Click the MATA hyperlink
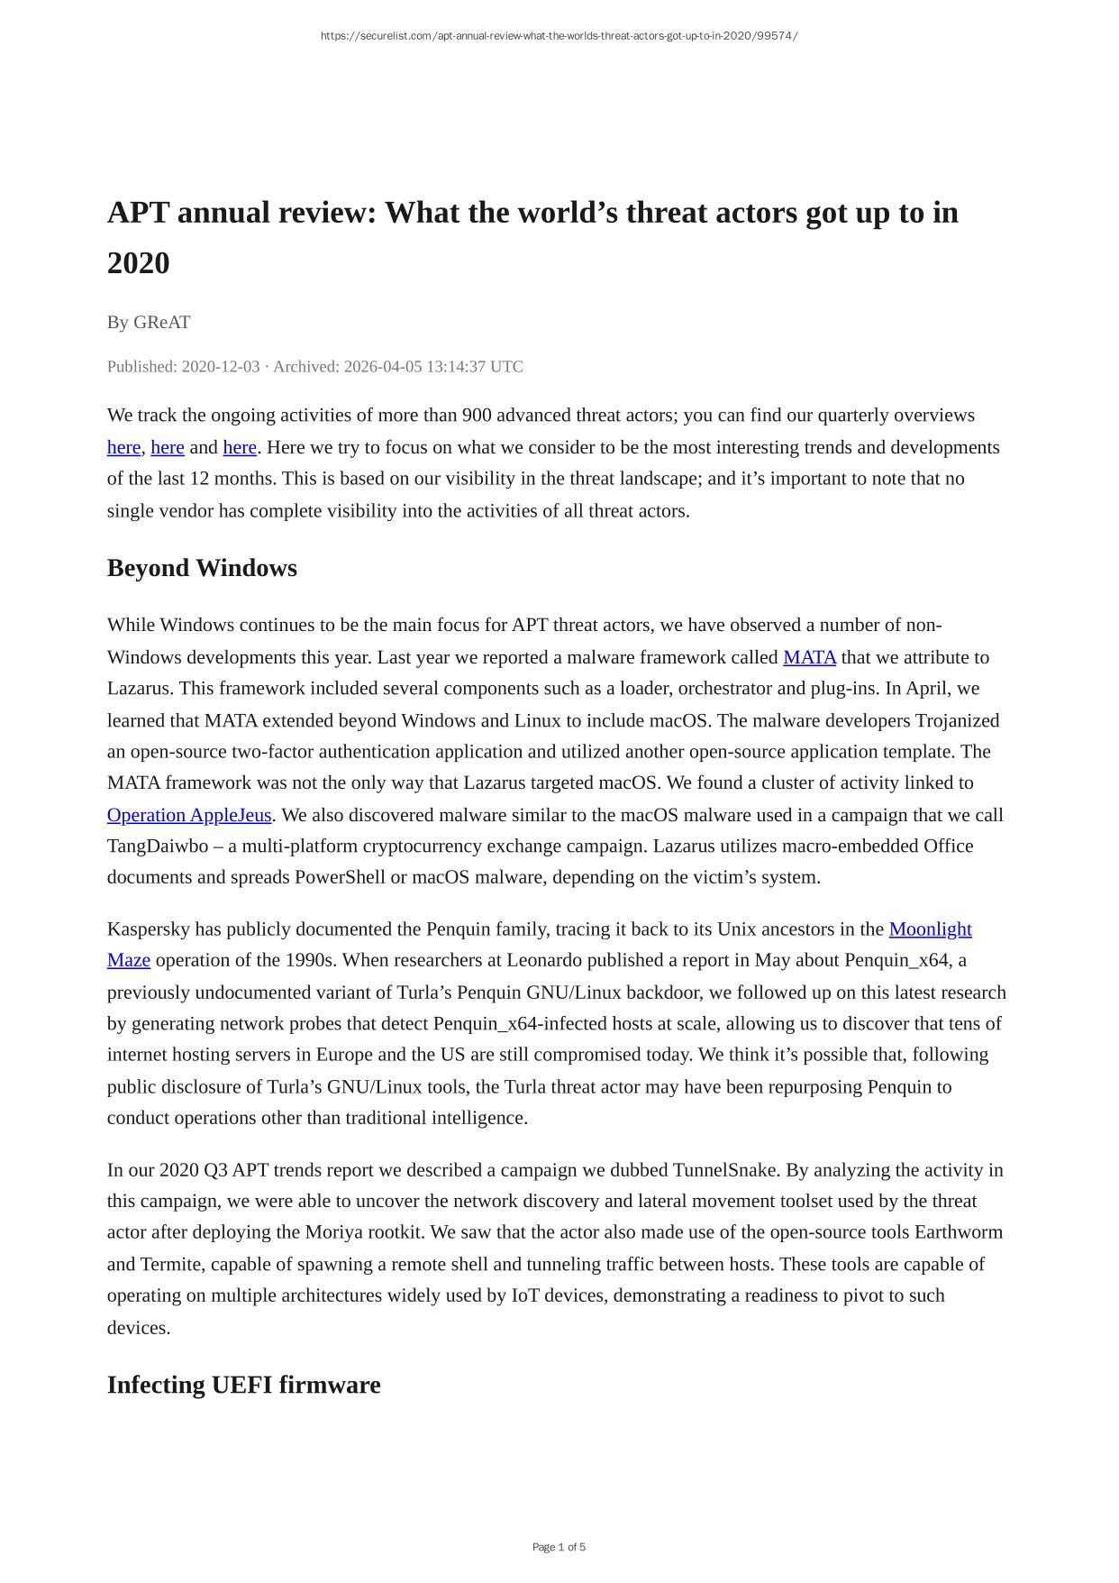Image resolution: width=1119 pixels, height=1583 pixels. click(x=809, y=657)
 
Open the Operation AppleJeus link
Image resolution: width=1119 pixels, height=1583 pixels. click(x=189, y=815)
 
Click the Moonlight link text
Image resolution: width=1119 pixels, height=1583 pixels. click(x=930, y=929)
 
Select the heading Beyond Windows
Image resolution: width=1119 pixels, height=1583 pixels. click(x=202, y=568)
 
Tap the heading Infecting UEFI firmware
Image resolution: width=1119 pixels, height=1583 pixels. click(x=243, y=1385)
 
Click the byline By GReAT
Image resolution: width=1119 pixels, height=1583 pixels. click(x=149, y=322)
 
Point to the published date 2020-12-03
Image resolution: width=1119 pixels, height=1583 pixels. click(x=220, y=367)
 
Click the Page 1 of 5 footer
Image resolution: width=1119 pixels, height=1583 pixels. click(x=559, y=1547)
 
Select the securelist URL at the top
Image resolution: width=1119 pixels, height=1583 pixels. click(x=559, y=36)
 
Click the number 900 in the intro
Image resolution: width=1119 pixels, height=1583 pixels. click(x=476, y=416)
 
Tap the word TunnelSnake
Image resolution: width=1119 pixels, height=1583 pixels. click(x=726, y=1170)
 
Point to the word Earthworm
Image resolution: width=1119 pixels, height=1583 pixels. click(x=958, y=1232)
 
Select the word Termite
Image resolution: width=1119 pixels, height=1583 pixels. click(x=171, y=1264)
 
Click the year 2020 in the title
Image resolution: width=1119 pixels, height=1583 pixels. click(x=138, y=263)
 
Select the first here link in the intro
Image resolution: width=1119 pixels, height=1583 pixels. click(x=123, y=447)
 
